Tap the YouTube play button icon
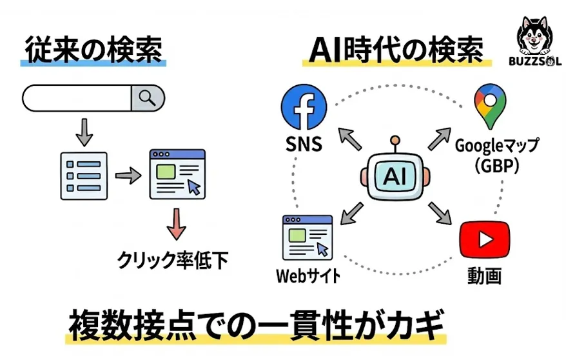click(x=484, y=239)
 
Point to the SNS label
click(x=303, y=144)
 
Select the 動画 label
click(x=484, y=276)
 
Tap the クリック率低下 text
click(x=173, y=259)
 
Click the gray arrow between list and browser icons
click(x=127, y=176)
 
